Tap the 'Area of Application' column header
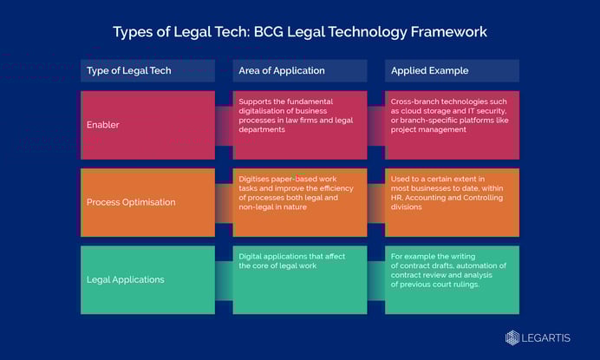tap(282, 70)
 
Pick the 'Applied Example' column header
tap(429, 70)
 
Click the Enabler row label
tap(103, 125)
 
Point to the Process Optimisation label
tap(131, 202)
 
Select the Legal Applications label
tap(125, 279)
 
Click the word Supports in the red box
tap(255, 101)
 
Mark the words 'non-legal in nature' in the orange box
tap(273, 207)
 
